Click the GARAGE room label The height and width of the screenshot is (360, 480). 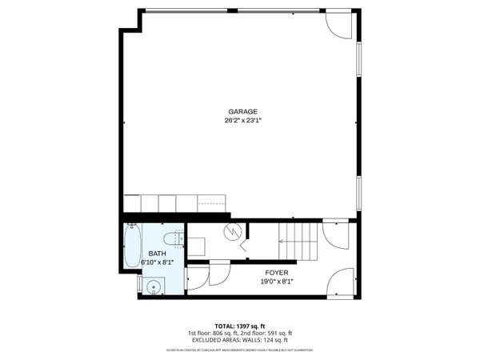[242, 112]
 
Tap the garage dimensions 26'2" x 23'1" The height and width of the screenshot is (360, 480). [242, 121]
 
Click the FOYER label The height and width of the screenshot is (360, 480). [277, 273]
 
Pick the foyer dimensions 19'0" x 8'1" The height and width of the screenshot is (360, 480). [277, 282]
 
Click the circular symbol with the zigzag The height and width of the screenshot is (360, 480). [233, 233]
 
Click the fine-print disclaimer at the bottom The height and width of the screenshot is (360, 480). [240, 350]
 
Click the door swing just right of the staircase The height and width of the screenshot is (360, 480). [334, 237]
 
